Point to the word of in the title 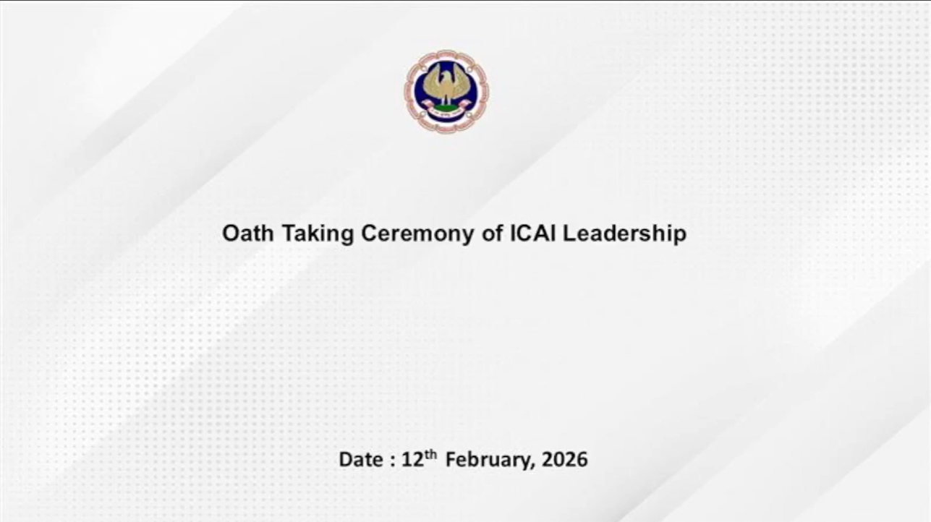[x=492, y=233]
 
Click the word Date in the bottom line [x=361, y=460]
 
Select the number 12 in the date [x=412, y=460]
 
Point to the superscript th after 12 [x=430, y=454]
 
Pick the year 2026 [x=565, y=460]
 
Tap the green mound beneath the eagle [x=446, y=108]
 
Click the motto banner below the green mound [x=446, y=113]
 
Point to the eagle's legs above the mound [x=446, y=99]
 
